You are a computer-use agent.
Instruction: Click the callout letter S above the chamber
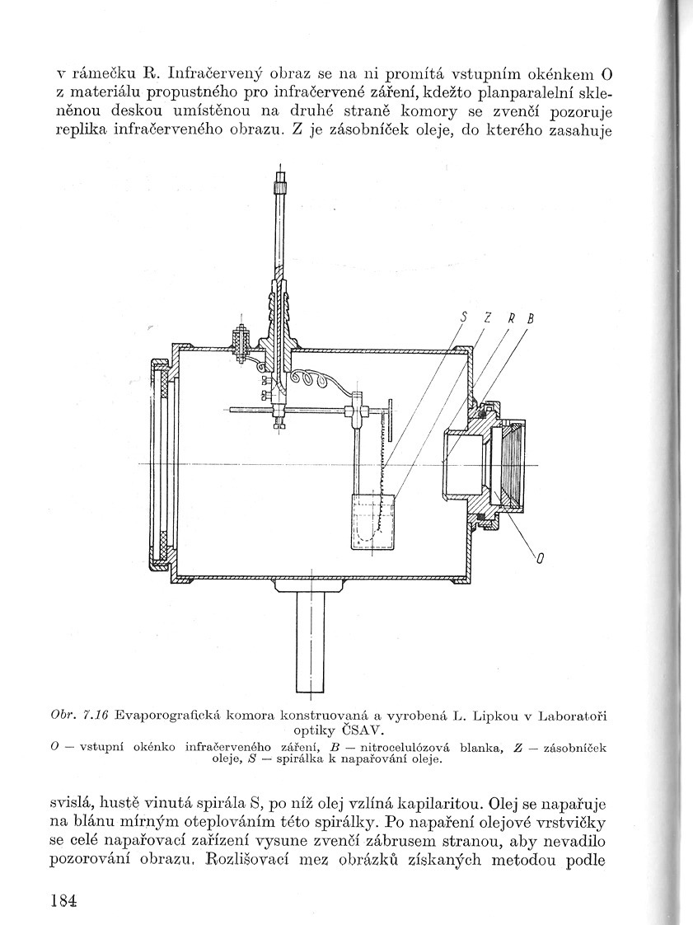465,317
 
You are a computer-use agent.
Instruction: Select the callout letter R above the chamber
512,317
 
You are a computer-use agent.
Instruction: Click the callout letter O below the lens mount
541,560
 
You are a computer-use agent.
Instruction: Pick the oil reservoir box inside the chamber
372,521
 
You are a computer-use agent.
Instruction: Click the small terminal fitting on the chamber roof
241,340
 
